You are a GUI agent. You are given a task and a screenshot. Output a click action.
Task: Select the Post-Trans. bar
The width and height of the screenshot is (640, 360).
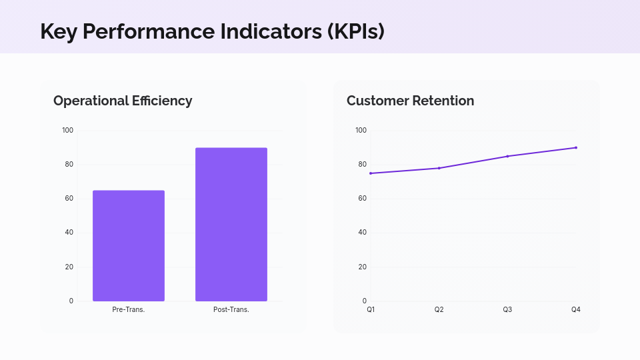pos(231,224)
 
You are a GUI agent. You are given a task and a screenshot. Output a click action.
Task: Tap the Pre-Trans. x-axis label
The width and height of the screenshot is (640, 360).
pos(129,310)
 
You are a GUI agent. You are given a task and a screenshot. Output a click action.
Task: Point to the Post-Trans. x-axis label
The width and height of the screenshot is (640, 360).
pos(231,310)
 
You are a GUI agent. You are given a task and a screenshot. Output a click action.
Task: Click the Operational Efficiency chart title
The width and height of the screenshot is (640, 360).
pos(123,101)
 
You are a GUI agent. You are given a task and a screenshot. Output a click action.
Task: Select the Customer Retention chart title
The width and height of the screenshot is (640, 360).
pos(410,101)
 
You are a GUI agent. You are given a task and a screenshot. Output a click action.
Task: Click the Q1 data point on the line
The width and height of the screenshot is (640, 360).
pos(371,173)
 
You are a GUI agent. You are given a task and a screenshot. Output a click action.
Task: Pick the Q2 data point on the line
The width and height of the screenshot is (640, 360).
pos(439,168)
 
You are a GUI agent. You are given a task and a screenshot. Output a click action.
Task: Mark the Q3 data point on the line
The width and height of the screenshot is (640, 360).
pos(507,156)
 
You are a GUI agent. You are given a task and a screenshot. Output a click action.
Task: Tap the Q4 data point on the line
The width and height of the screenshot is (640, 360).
pos(576,147)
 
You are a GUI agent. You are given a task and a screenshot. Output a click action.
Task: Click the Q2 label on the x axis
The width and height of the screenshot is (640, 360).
pos(439,310)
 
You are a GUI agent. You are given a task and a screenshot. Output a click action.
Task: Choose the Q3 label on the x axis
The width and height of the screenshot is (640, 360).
pos(507,310)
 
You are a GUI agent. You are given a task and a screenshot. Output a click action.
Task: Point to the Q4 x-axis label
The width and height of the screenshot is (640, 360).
pos(576,310)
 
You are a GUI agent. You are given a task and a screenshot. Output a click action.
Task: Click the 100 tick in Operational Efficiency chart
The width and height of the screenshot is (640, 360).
pos(67,130)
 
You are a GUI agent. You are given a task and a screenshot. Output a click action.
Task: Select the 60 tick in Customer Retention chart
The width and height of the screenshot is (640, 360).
pos(362,199)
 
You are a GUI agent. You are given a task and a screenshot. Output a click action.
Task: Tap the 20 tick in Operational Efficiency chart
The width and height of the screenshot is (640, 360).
pos(69,267)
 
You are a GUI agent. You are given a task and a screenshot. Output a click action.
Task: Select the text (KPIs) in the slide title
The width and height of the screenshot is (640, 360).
pos(355,31)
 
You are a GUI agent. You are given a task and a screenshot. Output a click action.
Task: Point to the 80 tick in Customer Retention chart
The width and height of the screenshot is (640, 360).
pos(362,164)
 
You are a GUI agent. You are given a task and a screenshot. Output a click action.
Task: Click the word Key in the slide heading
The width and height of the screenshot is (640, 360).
pos(57,31)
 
